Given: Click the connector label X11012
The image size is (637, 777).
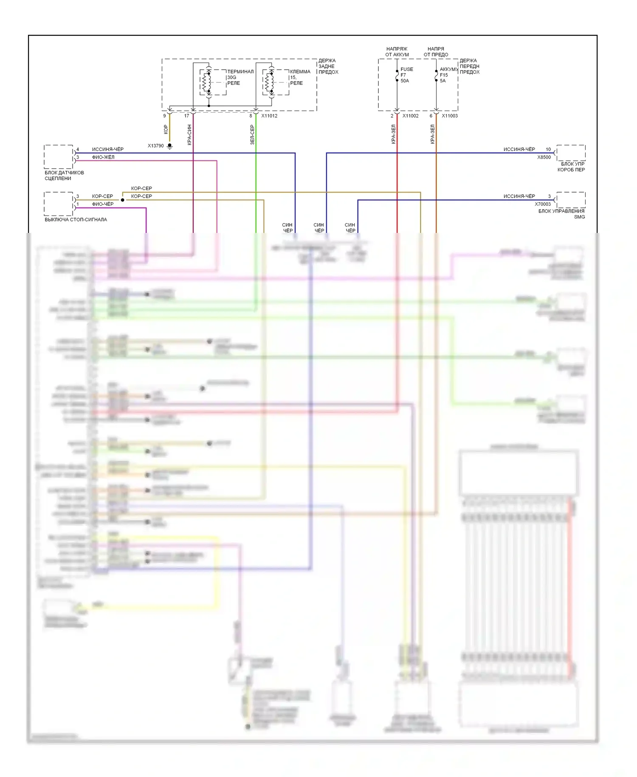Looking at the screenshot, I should (269, 116).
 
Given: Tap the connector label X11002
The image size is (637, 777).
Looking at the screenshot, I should (410, 116).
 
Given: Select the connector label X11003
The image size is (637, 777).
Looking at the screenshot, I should (449, 116).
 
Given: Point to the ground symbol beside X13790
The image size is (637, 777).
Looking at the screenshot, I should (169, 146).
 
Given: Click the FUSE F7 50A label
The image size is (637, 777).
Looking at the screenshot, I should (406, 75).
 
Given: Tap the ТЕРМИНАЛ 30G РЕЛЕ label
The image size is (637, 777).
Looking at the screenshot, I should (240, 77).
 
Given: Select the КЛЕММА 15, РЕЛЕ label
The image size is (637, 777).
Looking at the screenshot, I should (300, 77).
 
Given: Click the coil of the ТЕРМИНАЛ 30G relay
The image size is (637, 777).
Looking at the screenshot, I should (207, 82).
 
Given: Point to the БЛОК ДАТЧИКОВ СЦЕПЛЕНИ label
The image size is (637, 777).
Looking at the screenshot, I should (64, 176).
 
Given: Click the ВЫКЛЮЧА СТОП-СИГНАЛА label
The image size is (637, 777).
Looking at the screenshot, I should (76, 220).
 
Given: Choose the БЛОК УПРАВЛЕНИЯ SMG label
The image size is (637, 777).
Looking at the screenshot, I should (561, 214).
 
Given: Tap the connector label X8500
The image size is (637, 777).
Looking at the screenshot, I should (544, 157).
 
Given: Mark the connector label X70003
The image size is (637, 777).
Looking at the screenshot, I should (542, 204).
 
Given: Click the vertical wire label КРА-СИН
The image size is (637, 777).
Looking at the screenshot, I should (189, 135).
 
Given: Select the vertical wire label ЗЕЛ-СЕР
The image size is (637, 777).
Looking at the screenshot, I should (252, 135).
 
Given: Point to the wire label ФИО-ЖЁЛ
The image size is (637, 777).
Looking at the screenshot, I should (103, 157).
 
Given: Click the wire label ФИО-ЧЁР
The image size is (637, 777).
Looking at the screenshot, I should (103, 204).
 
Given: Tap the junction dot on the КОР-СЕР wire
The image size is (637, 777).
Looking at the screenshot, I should (123, 200).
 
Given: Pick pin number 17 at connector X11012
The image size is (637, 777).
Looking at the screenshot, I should (186, 116).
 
